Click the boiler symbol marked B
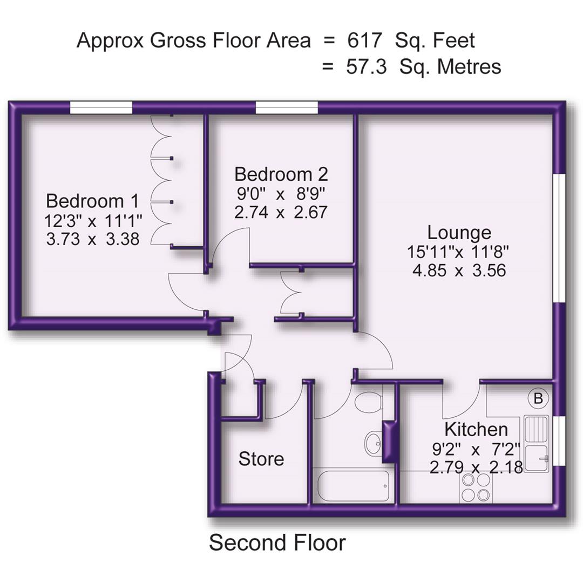538,399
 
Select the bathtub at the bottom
354,485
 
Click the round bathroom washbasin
372,443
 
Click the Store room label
261,459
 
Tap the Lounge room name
459,233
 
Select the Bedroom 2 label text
281,174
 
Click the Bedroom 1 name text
93,201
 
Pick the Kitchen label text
476,430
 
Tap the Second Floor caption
277,543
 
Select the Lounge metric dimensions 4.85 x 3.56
459,270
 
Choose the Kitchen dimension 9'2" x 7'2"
476,449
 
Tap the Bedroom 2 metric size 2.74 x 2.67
281,212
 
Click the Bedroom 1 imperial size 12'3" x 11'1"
93,220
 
